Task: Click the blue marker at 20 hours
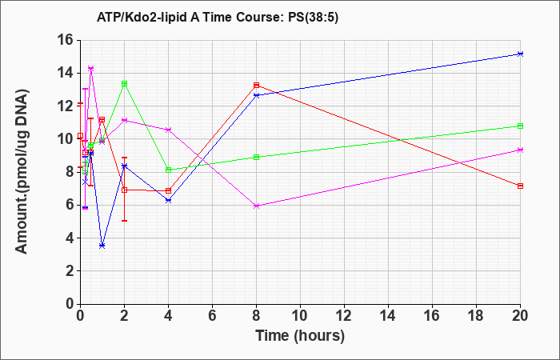click(x=520, y=54)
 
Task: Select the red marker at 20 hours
click(x=520, y=186)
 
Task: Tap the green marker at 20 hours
click(x=520, y=126)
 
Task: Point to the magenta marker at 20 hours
click(x=520, y=150)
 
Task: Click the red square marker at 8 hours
click(x=257, y=86)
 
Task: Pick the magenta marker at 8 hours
click(x=257, y=206)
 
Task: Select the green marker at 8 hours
click(x=257, y=157)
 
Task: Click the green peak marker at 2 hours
click(x=124, y=83)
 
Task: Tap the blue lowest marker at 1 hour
click(x=102, y=246)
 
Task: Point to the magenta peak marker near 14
click(x=90, y=68)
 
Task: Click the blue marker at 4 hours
click(x=169, y=201)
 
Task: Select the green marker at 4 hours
click(x=169, y=170)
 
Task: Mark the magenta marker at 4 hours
click(x=169, y=130)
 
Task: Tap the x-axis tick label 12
click(x=344, y=316)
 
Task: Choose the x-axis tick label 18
click(x=477, y=316)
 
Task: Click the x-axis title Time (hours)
click(x=300, y=336)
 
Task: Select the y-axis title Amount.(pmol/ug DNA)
click(x=22, y=171)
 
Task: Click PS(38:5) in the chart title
click(x=314, y=18)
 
